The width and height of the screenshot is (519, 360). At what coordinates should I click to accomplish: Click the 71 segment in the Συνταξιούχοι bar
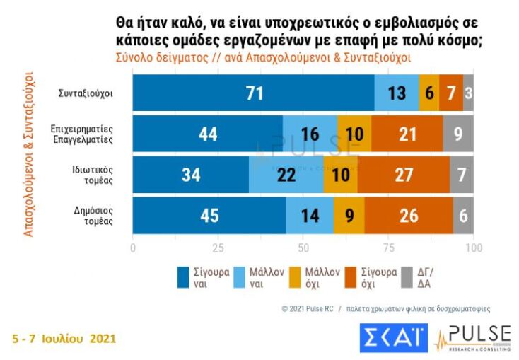pyautogui.click(x=253, y=92)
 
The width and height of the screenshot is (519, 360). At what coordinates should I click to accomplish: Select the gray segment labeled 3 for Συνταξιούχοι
pyautogui.click(x=468, y=92)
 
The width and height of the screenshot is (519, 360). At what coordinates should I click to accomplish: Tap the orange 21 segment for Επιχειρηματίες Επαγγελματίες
pyautogui.click(x=407, y=134)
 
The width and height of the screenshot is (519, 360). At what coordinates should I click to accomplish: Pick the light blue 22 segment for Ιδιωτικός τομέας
pyautogui.click(x=286, y=175)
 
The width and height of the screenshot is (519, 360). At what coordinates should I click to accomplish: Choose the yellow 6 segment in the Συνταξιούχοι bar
pyautogui.click(x=428, y=92)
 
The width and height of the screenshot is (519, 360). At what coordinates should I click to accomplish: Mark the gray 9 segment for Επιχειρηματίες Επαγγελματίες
pyautogui.click(x=458, y=134)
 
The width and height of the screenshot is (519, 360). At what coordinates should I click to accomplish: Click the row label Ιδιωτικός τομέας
pyautogui.click(x=93, y=175)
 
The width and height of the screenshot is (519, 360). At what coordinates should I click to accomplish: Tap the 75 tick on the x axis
pyautogui.click(x=388, y=248)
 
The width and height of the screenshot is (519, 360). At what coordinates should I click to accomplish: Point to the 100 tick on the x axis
pyautogui.click(x=472, y=248)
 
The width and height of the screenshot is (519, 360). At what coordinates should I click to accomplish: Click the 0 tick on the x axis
pyautogui.click(x=133, y=248)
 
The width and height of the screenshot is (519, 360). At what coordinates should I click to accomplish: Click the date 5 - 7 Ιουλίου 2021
pyautogui.click(x=64, y=339)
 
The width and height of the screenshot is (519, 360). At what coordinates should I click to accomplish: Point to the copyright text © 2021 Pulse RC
pyautogui.click(x=307, y=309)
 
